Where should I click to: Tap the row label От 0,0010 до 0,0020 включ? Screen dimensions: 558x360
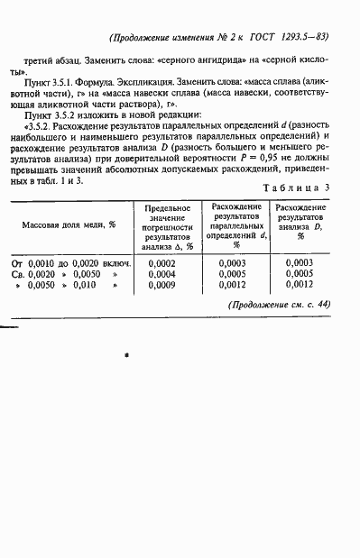[72, 263]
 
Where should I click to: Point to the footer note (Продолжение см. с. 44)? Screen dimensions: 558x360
[281, 304]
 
